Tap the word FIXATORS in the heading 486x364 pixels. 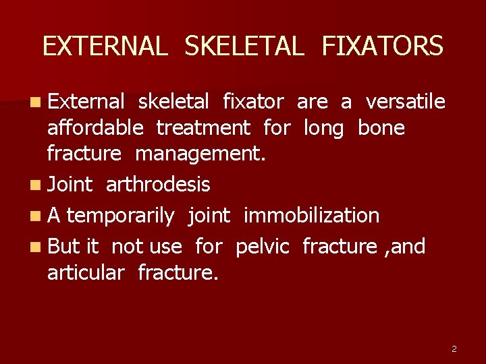point(383,47)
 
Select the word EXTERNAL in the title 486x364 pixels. point(105,47)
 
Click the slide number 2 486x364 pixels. point(454,348)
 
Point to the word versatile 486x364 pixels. point(405,102)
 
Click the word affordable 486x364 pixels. point(94,127)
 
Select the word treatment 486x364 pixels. point(203,127)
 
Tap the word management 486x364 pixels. point(200,154)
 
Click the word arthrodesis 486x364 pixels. point(158,184)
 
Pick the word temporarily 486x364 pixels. point(121,216)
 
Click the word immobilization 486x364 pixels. point(311,216)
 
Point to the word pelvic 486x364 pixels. point(262,247)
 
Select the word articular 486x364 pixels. point(86,272)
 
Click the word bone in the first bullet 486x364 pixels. point(381,127)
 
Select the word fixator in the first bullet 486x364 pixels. point(253,102)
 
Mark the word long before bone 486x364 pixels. point(324,127)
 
